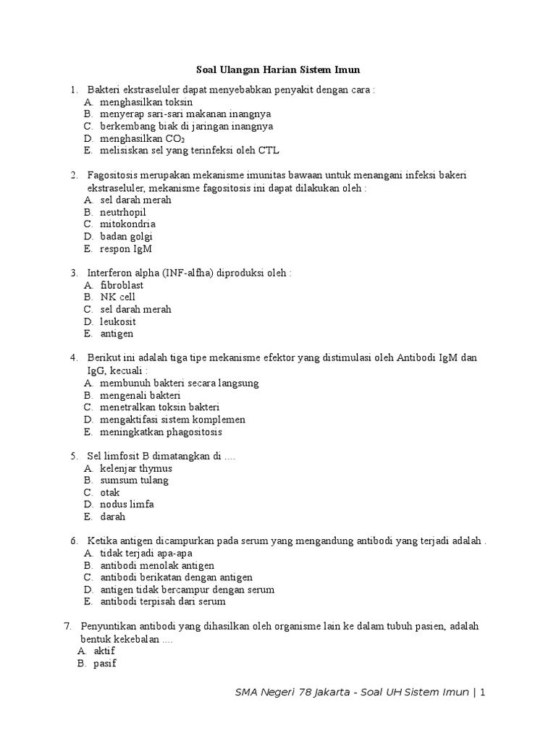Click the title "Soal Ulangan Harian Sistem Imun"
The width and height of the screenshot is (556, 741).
pos(278,70)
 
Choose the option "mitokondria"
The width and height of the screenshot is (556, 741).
pos(127,224)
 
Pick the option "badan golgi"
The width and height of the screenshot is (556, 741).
pos(126,237)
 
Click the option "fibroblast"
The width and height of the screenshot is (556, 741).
pos(122,285)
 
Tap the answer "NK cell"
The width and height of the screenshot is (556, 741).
pos(117,297)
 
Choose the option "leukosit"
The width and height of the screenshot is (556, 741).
pos(118,322)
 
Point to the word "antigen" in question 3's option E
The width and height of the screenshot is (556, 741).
pos(117,334)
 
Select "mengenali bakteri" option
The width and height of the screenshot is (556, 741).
pos(140,395)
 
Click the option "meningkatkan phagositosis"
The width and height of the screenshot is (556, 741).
pos(161,432)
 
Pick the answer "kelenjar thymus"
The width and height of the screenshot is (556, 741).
pos(136,468)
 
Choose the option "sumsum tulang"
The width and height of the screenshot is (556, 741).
pos(134,480)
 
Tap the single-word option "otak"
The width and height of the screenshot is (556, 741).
pos(110,493)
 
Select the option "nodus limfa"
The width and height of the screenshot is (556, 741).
pos(127,505)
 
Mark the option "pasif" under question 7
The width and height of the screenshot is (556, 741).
pos(105,664)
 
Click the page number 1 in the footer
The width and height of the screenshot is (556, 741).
pos(481,693)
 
